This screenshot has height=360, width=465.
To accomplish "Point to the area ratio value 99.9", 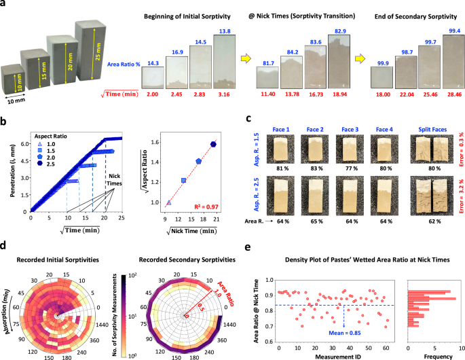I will (x=382, y=60).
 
